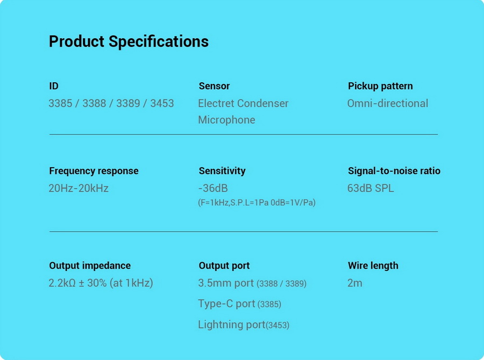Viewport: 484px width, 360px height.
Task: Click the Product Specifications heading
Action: [129, 42]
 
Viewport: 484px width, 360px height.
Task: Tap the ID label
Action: [54, 86]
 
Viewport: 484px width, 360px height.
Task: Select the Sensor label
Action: [214, 86]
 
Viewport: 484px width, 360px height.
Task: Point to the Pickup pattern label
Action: [380, 86]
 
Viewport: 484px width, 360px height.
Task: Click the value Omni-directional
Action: [388, 103]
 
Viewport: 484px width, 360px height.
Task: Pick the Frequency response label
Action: [94, 171]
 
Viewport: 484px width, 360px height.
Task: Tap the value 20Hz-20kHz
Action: [79, 188]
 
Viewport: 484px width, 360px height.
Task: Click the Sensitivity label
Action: [222, 171]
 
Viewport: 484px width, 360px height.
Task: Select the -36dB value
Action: [213, 188]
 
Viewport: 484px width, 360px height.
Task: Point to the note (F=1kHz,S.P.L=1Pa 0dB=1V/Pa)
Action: [257, 203]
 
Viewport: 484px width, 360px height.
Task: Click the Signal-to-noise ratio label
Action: [394, 171]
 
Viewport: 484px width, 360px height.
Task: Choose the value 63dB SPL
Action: [371, 188]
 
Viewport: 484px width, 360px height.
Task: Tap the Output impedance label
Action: [90, 265]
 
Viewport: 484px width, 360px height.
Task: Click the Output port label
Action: [224, 265]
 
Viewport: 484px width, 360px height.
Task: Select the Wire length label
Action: [373, 265]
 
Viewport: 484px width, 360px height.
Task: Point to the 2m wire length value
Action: [355, 283]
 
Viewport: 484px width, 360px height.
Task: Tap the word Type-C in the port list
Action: [216, 304]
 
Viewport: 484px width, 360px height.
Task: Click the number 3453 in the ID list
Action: [162, 103]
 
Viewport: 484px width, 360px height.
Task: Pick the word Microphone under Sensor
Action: [226, 120]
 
